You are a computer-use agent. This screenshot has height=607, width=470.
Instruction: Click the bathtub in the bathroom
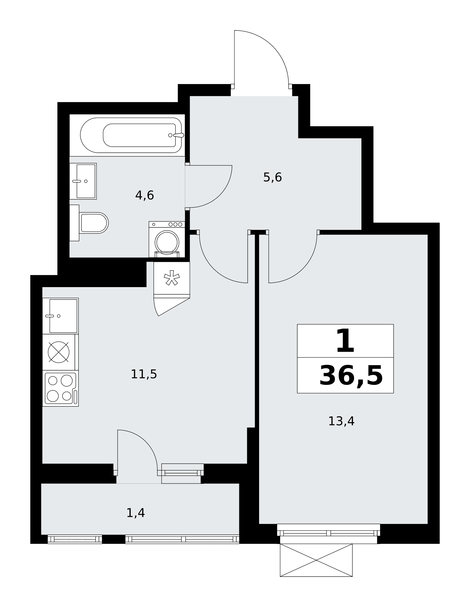[131, 135]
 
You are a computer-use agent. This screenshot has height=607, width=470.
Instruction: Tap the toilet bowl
[94, 223]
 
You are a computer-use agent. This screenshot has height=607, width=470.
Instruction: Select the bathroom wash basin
[83, 181]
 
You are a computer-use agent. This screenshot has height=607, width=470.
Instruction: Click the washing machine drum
[167, 242]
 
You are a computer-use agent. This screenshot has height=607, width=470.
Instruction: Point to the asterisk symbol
[172, 278]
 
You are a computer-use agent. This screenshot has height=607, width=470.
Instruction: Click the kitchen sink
[60, 316]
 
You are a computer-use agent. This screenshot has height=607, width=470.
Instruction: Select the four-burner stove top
[60, 388]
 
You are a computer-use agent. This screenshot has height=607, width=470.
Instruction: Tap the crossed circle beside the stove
[59, 352]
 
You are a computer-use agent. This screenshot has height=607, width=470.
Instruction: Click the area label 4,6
[145, 195]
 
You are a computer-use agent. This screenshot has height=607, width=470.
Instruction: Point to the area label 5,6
[273, 177]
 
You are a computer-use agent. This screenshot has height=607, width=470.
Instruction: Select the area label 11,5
[144, 374]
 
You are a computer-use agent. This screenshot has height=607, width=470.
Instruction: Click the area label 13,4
[341, 421]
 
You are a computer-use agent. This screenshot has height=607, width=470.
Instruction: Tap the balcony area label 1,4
[136, 513]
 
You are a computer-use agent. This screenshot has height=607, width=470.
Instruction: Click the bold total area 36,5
[351, 376]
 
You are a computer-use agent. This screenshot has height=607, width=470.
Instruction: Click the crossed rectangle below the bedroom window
[316, 560]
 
